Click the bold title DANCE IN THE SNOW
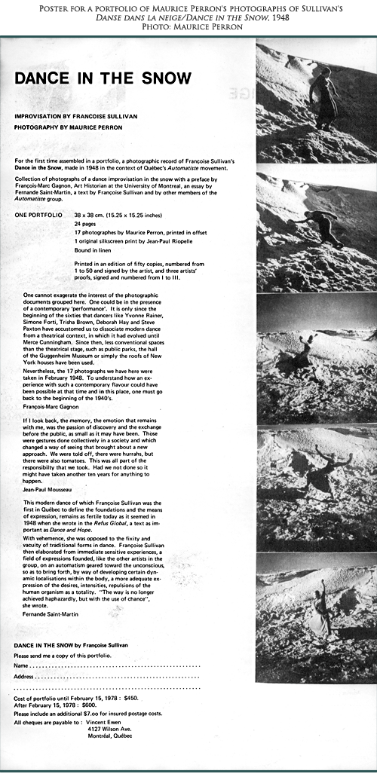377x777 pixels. tap(103, 78)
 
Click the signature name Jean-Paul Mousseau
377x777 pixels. tap(48, 489)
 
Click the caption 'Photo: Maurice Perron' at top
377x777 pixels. tap(188, 26)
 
